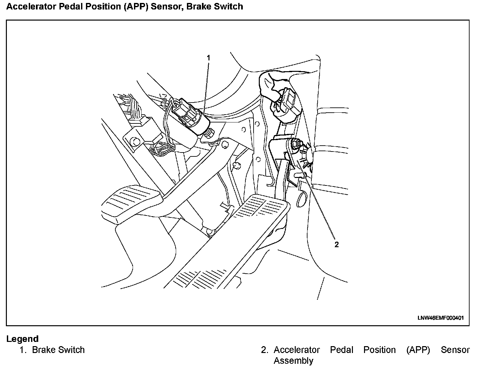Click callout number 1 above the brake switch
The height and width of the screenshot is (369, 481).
tap(208, 58)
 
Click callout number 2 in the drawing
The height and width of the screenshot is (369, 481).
tap(337, 245)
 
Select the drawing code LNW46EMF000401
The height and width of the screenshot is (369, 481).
tap(440, 318)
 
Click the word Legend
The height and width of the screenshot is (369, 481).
tap(22, 339)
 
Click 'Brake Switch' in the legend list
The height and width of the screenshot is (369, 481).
tap(58, 350)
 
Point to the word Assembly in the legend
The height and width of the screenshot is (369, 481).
tap(293, 361)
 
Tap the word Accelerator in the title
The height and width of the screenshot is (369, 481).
tap(31, 7)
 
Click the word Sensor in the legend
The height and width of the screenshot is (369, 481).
tap(455, 350)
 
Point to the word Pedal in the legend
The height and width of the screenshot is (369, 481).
tap(341, 350)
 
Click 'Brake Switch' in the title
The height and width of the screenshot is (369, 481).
tap(215, 7)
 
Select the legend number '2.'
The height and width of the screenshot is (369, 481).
tap(264, 350)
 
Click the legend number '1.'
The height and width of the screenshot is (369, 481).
tap(23, 350)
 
